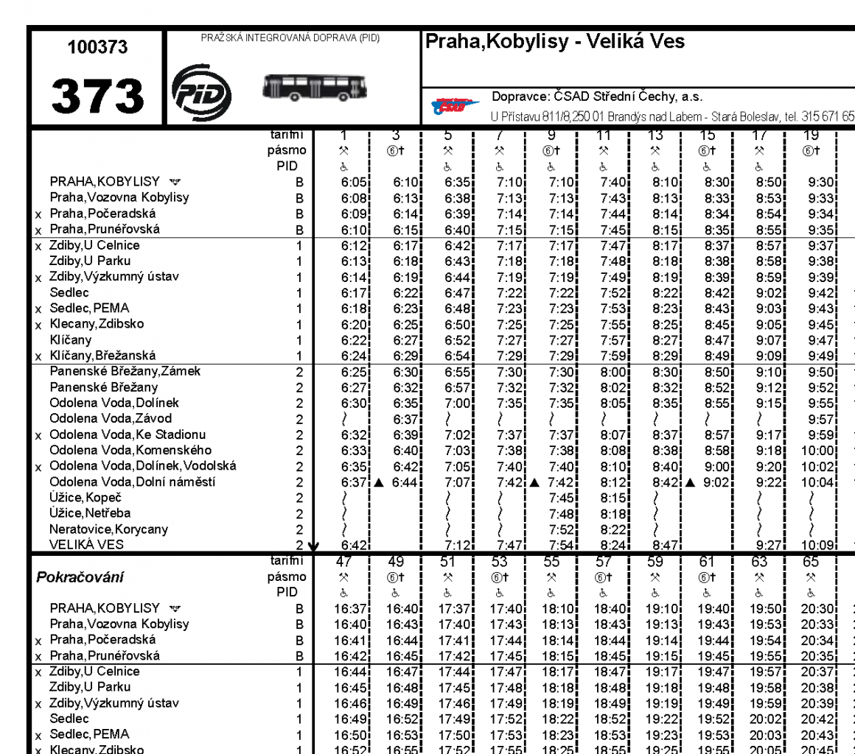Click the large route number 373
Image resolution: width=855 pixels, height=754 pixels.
pyautogui.click(x=97, y=96)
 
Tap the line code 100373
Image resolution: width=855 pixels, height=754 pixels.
pyautogui.click(x=97, y=48)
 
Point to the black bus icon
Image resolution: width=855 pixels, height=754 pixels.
pyautogui.click(x=315, y=88)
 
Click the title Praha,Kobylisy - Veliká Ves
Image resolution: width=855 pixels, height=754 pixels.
pyautogui.click(x=554, y=42)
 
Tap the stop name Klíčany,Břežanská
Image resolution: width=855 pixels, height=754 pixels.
pyautogui.click(x=102, y=356)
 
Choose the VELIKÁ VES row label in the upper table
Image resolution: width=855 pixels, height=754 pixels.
pyautogui.click(x=87, y=545)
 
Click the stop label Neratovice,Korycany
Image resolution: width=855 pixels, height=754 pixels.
pyautogui.click(x=108, y=529)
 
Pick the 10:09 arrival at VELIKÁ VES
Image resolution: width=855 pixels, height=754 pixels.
pyautogui.click(x=820, y=546)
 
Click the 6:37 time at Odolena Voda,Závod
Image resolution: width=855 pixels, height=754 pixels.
pyautogui.click(x=405, y=419)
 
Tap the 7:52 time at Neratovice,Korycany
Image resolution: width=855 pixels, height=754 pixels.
pyautogui.click(x=559, y=529)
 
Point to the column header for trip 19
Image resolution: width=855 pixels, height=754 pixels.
pyautogui.click(x=810, y=136)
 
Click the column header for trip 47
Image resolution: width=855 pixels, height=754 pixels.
pyautogui.click(x=343, y=563)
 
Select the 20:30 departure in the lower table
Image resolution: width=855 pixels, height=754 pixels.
pyautogui.click(x=817, y=609)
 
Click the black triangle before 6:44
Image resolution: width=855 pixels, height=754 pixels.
pyautogui.click(x=379, y=483)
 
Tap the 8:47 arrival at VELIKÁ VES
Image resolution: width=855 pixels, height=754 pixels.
pyautogui.click(x=664, y=546)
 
